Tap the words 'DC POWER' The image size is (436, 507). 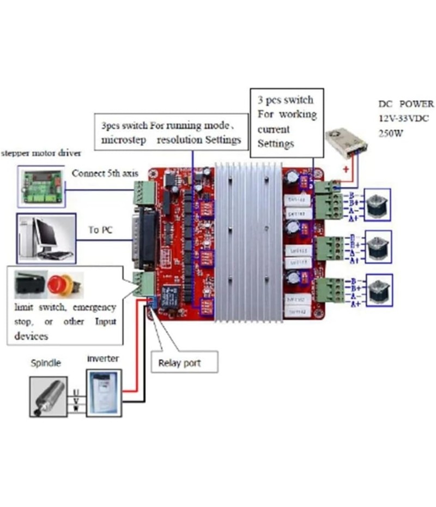click(x=406, y=104)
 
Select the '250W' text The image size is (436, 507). click(x=391, y=131)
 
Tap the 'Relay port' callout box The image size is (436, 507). click(x=184, y=362)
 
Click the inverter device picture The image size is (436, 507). click(x=104, y=392)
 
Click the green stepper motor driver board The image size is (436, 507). click(x=40, y=185)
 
